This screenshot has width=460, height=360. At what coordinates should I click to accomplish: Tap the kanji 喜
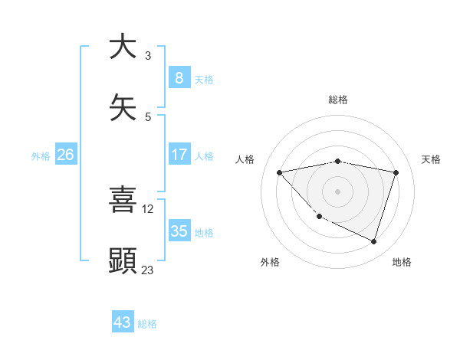[123, 198]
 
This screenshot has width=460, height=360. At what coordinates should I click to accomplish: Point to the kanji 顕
[123, 260]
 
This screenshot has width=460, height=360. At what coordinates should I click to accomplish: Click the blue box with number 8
[179, 77]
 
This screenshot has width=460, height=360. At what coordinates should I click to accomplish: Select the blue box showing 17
[179, 155]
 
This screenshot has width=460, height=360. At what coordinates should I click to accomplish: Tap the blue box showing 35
[179, 231]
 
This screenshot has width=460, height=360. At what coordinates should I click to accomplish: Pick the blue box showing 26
[65, 155]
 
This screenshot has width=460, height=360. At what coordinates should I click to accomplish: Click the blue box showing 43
[123, 322]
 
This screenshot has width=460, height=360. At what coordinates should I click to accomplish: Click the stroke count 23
[147, 270]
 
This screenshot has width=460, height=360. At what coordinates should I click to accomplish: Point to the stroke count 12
[148, 208]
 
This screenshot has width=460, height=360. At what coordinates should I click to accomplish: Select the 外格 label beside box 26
[41, 155]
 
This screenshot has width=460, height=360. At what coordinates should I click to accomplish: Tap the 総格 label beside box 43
[147, 324]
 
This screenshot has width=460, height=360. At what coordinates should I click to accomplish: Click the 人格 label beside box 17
[204, 155]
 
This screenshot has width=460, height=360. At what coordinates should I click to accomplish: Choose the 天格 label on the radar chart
[431, 159]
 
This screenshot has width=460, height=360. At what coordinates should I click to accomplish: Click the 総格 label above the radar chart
[338, 100]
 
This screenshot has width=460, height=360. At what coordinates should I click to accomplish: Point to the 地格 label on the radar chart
[402, 262]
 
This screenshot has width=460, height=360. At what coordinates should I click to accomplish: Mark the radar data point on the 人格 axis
[280, 172]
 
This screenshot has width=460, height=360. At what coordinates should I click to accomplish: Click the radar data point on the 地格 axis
[373, 241]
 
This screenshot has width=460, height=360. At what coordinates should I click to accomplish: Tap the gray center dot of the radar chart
[337, 191]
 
